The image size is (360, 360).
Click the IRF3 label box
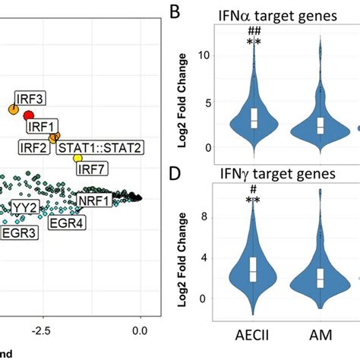[x=30, y=97]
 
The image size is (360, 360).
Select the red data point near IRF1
[x=29, y=115]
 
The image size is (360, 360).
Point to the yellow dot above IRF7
[x=77, y=158]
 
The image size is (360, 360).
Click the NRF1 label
[x=93, y=200]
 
